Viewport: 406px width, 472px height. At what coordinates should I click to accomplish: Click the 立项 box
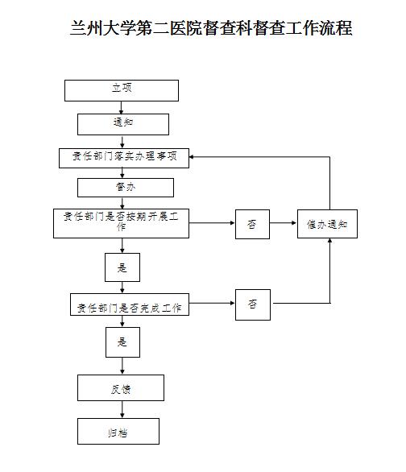point(122,90)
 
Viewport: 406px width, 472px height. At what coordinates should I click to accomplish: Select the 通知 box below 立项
point(123,124)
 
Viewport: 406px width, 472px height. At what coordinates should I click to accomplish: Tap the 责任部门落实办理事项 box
point(124,158)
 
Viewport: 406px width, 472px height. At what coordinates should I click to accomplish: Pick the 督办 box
point(126,188)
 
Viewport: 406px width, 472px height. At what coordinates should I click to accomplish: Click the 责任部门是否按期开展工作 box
point(122,223)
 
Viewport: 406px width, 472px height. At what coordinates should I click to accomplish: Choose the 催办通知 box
point(327,224)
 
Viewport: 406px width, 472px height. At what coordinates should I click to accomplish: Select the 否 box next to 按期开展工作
point(252,224)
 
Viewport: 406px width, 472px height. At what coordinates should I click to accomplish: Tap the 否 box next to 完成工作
point(253,304)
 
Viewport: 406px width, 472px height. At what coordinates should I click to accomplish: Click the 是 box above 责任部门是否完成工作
point(122,267)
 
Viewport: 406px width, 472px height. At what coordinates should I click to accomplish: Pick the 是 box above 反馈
point(122,342)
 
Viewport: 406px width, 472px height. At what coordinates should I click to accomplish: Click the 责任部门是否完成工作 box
point(130,304)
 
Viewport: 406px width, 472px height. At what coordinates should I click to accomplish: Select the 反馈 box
point(121,387)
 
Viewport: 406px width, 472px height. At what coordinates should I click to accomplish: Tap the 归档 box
point(118,431)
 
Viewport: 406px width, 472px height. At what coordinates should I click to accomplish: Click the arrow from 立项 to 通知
point(122,107)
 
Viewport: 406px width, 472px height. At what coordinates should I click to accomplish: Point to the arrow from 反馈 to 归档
point(122,409)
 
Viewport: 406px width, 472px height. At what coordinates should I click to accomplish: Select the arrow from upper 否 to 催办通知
point(283,223)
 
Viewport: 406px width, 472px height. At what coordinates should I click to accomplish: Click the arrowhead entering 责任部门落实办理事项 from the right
point(192,157)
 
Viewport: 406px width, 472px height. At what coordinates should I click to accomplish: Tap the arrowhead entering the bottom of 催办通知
point(329,241)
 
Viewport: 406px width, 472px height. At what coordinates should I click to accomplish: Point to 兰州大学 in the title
point(102,28)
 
